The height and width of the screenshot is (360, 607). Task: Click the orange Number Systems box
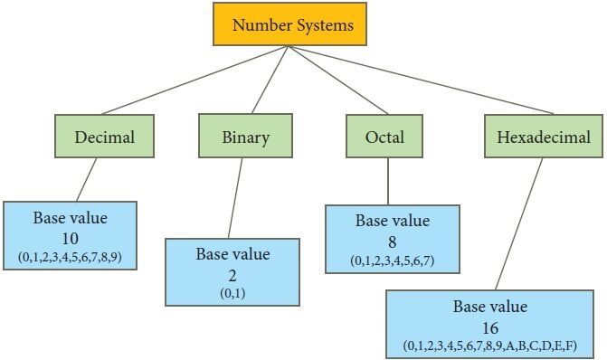289,24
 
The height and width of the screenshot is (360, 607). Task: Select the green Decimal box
105,136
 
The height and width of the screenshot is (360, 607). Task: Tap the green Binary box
245,136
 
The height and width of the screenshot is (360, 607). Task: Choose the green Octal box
384,136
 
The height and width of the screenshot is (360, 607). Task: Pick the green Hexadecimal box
544,136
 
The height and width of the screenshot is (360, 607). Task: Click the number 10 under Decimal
70,239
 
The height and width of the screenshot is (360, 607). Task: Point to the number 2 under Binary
232,276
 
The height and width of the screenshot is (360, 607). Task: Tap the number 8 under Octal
392,242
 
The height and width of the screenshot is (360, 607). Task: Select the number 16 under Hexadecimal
490,328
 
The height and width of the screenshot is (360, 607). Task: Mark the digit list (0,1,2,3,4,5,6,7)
392,261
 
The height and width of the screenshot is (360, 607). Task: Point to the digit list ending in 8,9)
70,257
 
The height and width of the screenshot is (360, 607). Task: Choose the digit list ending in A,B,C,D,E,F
490,346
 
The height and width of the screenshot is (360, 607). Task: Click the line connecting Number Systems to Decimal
194,81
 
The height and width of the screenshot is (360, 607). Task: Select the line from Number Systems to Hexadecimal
421,81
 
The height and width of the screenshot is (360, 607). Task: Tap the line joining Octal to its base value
388,181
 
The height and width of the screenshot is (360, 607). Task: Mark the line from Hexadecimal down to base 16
518,223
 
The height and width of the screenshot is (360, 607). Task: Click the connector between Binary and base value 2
235,198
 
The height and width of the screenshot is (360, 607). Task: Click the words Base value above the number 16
490,307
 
